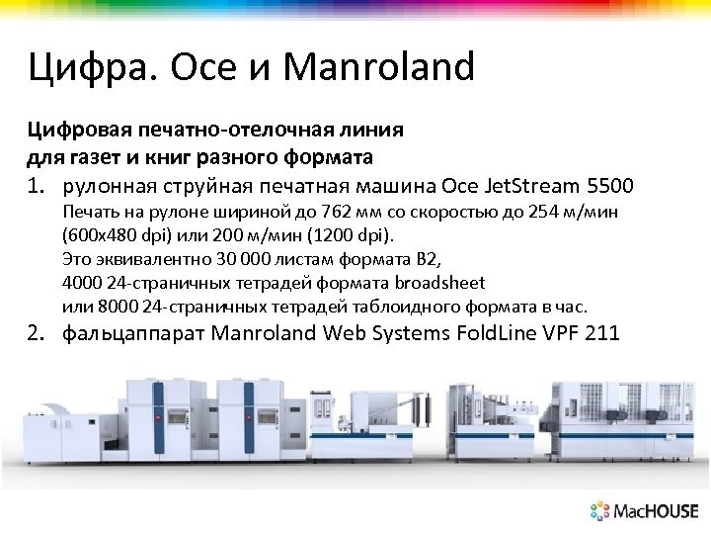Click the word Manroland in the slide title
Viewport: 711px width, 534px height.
pyautogui.click(x=378, y=67)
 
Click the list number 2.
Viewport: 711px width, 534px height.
pyautogui.click(x=35, y=332)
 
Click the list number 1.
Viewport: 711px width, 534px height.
pyautogui.click(x=35, y=185)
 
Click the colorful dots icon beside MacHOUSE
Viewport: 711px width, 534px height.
pyautogui.click(x=600, y=511)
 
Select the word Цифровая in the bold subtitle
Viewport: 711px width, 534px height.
pyautogui.click(x=69, y=130)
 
